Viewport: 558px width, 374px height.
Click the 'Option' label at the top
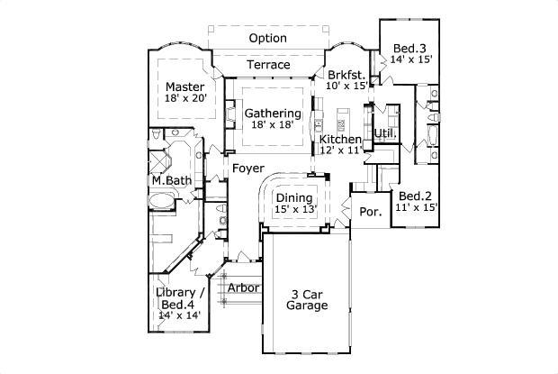coord(268,39)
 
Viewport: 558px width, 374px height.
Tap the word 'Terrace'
coord(268,65)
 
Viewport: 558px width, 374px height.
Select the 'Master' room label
coord(185,87)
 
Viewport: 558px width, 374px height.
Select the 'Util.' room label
coord(386,132)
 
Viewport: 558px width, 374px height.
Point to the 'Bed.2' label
coord(417,196)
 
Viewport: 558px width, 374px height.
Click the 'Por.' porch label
coord(370,212)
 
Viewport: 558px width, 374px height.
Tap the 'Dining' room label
coord(293,198)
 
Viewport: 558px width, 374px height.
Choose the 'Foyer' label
coord(247,169)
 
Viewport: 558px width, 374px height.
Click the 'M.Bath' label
coord(171,180)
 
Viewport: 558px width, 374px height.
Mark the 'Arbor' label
coord(243,288)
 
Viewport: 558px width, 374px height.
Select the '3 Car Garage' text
coord(307,299)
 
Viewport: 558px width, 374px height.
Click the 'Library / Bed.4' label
coord(180,299)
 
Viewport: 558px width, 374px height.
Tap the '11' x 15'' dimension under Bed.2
coord(416,207)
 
